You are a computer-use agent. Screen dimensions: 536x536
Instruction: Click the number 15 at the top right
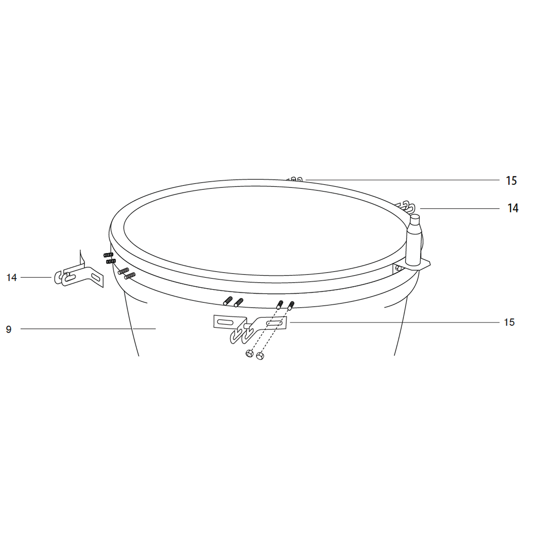[511, 181]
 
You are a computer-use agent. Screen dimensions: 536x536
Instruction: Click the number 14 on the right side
[513, 208]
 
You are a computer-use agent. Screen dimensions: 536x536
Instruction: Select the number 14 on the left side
[11, 277]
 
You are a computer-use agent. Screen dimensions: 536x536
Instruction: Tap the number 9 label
[9, 329]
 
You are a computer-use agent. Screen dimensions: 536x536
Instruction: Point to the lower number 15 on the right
[509, 322]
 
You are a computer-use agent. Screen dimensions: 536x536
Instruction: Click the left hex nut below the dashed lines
[249, 353]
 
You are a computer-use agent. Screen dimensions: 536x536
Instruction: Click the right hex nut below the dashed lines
[260, 355]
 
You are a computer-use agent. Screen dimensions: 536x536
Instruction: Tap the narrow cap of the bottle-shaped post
[415, 219]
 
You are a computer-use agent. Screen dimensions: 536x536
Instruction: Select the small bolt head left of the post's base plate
[398, 268]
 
